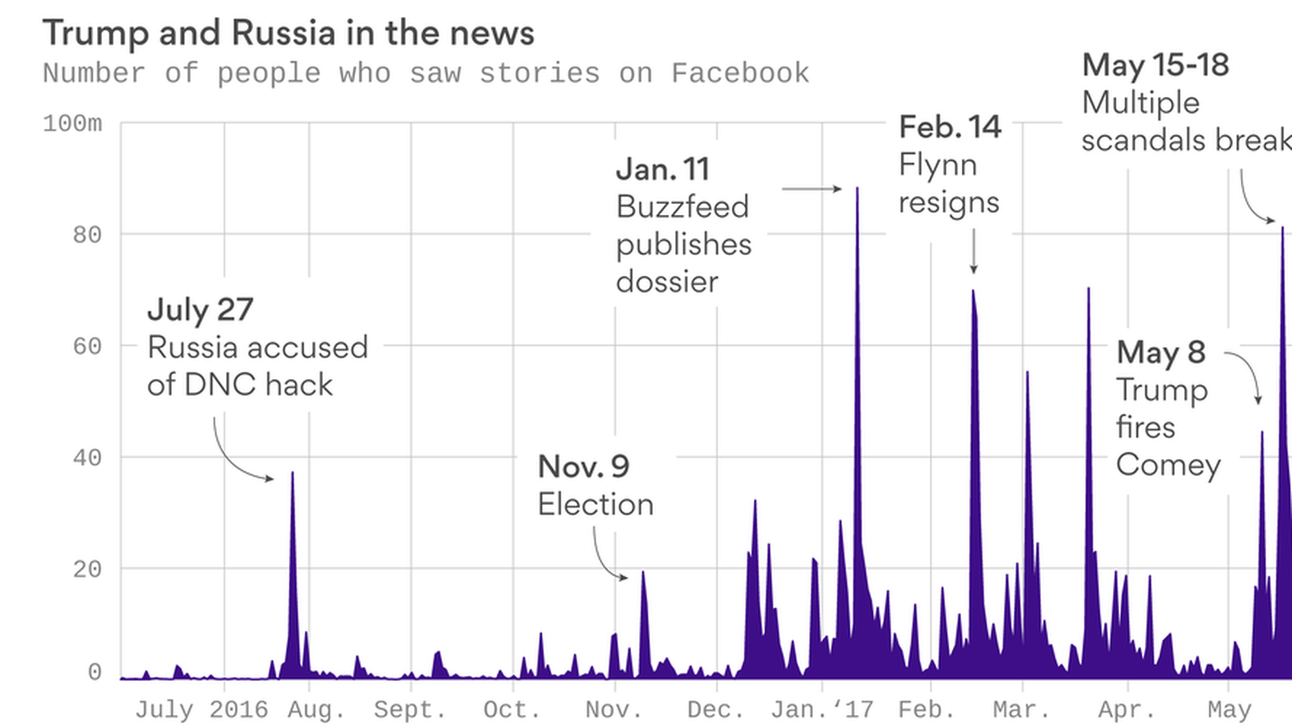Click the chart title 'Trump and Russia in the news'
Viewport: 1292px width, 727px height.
pyautogui.click(x=288, y=34)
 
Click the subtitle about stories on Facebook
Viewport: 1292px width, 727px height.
pyautogui.click(x=425, y=73)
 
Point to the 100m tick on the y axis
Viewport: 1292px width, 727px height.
pyautogui.click(x=73, y=124)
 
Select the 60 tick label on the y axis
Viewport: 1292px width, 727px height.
pyautogui.click(x=87, y=347)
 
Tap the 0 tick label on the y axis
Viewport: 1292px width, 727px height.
pyautogui.click(x=95, y=672)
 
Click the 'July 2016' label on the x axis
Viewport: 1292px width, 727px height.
pyautogui.click(x=201, y=709)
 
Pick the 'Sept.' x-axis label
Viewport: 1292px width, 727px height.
pyautogui.click(x=410, y=709)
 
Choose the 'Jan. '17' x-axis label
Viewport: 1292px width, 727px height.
pyautogui.click(x=822, y=709)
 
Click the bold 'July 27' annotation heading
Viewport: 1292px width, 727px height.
pyautogui.click(x=200, y=310)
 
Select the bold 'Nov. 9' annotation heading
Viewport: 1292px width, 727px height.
pyautogui.click(x=583, y=466)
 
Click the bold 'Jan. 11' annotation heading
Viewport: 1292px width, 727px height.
pyautogui.click(x=663, y=169)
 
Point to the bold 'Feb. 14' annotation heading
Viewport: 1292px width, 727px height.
pyautogui.click(x=950, y=127)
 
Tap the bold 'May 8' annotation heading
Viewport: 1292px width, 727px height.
pyautogui.click(x=1161, y=352)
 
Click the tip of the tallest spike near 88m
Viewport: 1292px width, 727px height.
pyautogui.click(x=857, y=189)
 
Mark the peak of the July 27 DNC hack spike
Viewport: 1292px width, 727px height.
pyautogui.click(x=292, y=473)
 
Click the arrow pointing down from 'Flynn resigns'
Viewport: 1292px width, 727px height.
pyautogui.click(x=973, y=251)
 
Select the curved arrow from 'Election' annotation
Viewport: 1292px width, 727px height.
pyautogui.click(x=604, y=559)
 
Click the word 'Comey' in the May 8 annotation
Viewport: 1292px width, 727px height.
pyautogui.click(x=1168, y=465)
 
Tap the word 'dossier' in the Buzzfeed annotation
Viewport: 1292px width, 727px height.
pyautogui.click(x=667, y=282)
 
